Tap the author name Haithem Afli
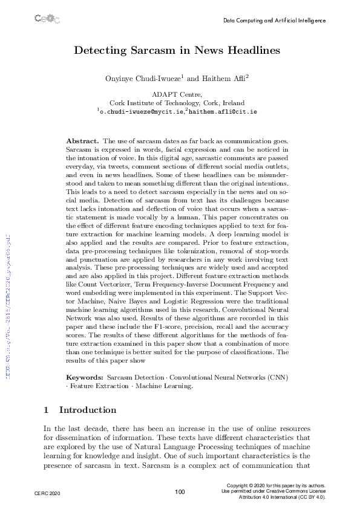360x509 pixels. [221, 79]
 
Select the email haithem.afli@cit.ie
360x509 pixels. [223, 112]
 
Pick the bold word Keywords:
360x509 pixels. [84, 377]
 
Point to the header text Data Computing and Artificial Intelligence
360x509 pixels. [274, 20]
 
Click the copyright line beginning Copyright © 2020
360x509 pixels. [275, 485]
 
